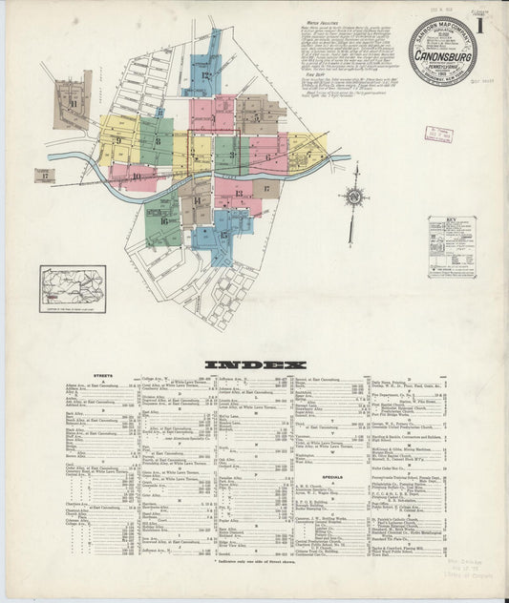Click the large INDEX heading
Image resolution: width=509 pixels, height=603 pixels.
coord(254,364)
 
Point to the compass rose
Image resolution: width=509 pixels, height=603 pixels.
coord(353,198)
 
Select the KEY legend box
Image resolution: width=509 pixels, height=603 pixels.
coord(451,246)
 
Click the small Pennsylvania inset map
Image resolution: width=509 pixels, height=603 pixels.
coord(73,288)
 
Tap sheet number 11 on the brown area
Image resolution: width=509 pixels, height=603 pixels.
coord(73,103)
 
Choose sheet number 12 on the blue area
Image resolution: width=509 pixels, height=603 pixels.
coord(204,73)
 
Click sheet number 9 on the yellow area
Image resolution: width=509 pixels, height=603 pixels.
coord(118,141)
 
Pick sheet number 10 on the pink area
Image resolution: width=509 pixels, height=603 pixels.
coord(137,177)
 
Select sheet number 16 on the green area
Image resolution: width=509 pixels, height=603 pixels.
coord(164,221)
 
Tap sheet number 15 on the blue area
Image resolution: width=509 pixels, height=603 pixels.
coord(223,235)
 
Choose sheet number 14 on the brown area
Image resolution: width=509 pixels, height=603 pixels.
coord(197,201)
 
